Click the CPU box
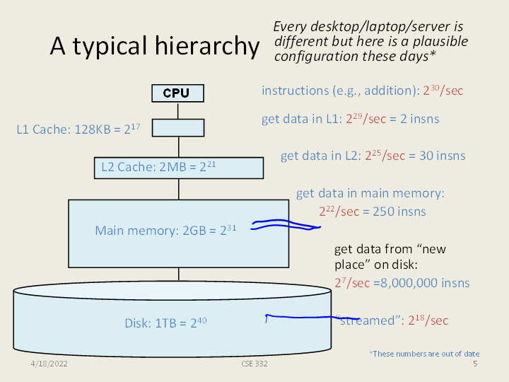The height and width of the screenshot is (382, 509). click(177, 93)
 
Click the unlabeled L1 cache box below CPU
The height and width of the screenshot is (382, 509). click(178, 127)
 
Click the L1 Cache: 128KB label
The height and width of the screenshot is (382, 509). click(69, 130)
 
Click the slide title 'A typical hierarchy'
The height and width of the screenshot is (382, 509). click(154, 47)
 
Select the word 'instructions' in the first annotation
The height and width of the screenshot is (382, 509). click(291, 91)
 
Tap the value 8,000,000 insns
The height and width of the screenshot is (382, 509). click(406, 283)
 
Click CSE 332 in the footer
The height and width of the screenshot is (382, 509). click(254, 363)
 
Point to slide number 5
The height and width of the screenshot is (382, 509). click(475, 364)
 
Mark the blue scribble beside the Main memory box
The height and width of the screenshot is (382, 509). click(286, 225)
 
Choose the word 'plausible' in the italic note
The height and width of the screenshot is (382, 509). click(440, 42)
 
